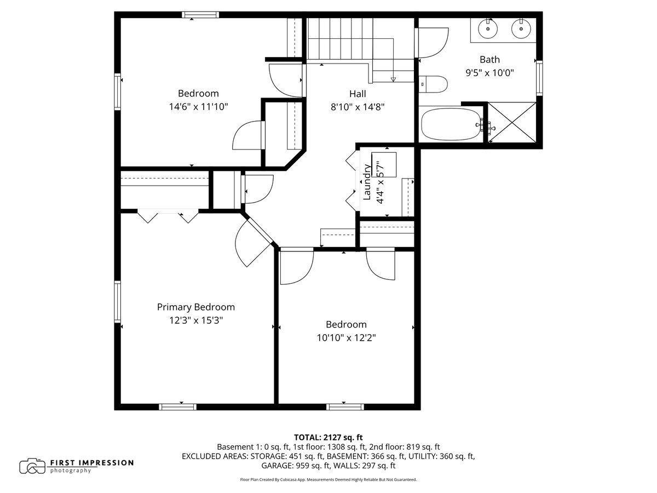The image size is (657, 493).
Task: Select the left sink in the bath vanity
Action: coord(488,29)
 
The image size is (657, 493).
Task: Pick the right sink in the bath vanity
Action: coord(521,29)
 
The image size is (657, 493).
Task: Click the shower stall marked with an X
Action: coord(512,122)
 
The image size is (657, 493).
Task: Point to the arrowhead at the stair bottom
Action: coord(393,79)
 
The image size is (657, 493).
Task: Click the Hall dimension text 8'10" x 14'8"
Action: coord(358,107)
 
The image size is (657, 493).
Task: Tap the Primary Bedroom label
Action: coord(196,307)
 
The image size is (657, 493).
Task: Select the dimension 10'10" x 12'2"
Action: coord(346,337)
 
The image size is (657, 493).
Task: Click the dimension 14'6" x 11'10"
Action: coord(198,107)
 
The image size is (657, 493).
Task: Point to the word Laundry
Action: coord(367,182)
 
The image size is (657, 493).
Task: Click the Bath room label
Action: coord(489,59)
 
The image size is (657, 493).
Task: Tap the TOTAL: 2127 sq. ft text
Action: coord(328,438)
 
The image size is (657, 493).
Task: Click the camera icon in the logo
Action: coord(32,466)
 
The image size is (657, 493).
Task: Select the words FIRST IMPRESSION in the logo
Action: coord(91,463)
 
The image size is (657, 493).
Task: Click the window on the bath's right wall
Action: coord(539,78)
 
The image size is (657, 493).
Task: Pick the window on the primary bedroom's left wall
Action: coord(117,302)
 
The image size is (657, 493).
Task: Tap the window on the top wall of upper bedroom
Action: coord(200,15)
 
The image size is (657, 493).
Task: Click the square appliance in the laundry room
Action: coord(384,165)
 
